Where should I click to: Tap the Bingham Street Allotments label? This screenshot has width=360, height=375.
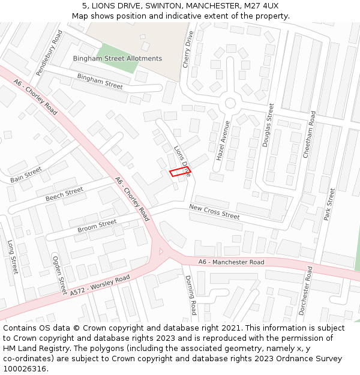[x=117, y=58]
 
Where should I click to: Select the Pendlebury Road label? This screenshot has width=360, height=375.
[x=49, y=53]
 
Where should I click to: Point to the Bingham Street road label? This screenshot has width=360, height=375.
[x=100, y=81]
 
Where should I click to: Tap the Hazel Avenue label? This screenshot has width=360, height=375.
[x=223, y=140]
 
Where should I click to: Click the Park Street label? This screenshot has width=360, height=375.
[x=329, y=204]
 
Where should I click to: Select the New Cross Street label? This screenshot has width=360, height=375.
[x=214, y=211]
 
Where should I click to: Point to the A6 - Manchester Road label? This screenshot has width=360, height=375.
[x=231, y=262]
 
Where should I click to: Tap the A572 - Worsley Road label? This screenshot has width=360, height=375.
[x=100, y=285]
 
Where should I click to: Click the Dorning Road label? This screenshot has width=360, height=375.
[x=190, y=295]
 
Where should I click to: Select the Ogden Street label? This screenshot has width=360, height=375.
[x=59, y=275]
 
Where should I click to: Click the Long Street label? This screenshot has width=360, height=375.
[x=13, y=257]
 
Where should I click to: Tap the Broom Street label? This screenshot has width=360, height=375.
[x=97, y=226]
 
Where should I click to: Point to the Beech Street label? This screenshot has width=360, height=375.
[x=64, y=194]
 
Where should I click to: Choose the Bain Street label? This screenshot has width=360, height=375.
[x=26, y=175]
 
